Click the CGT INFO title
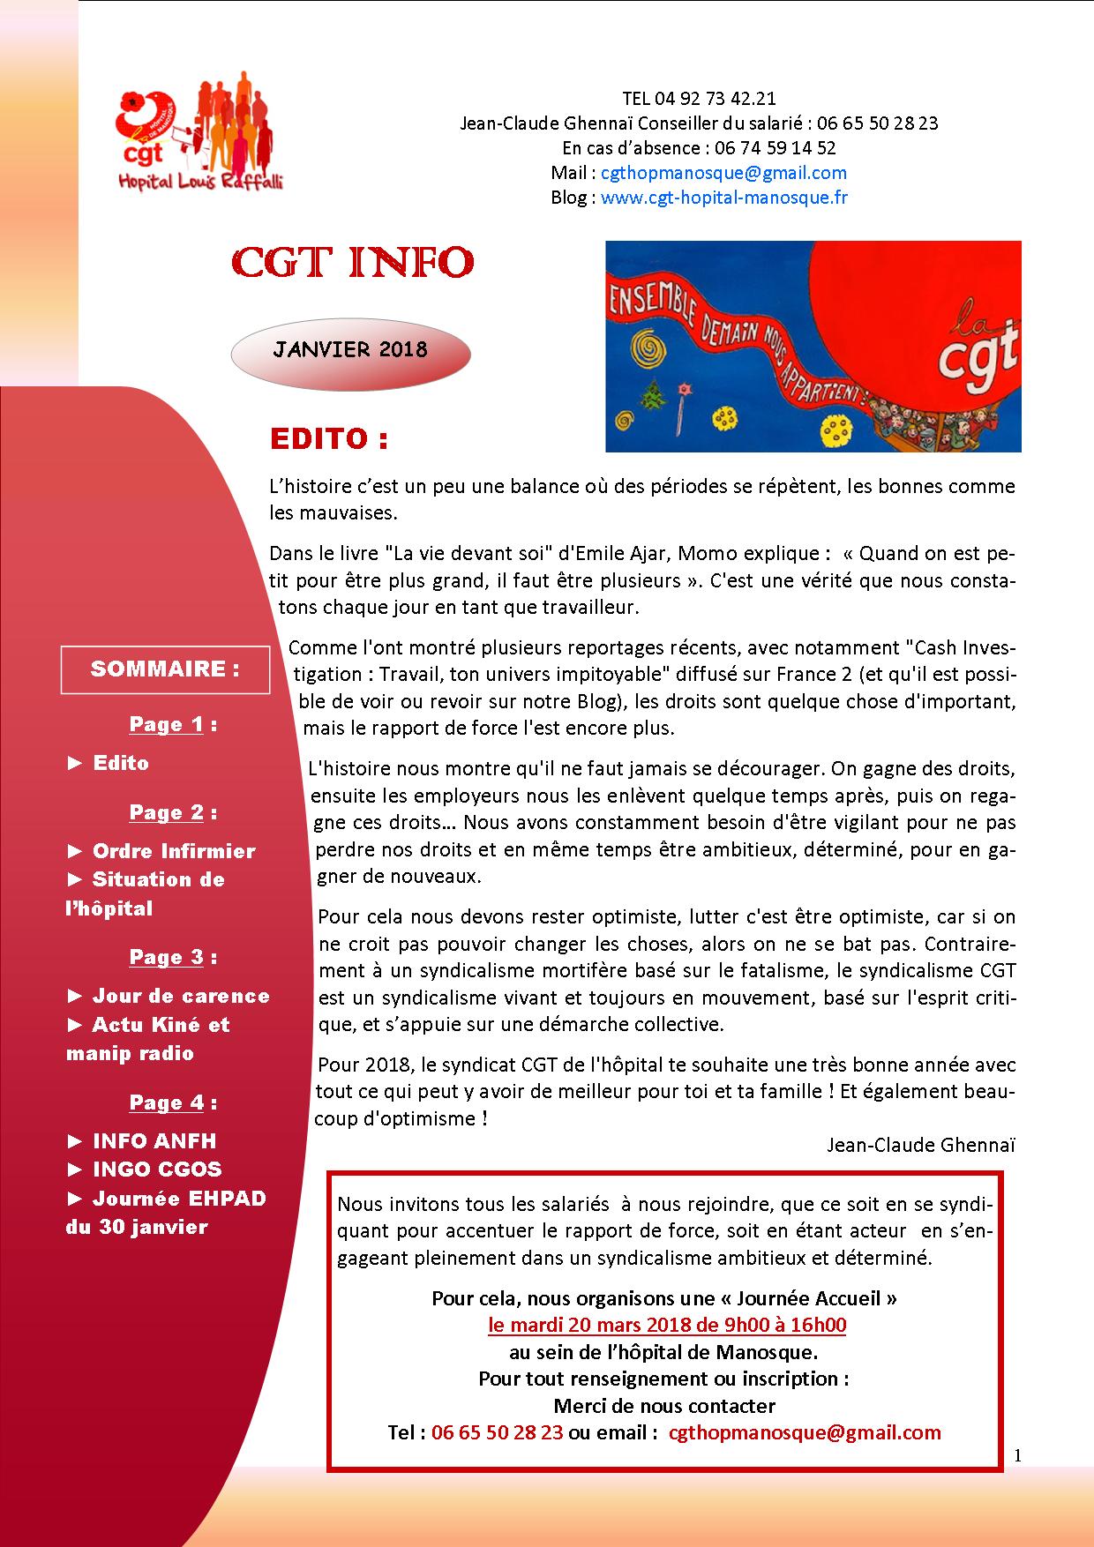352,262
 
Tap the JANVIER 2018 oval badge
350,349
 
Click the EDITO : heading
328,439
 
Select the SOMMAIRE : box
165,669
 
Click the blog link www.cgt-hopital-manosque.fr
723,198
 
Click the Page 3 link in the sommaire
167,958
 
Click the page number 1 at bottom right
1017,1456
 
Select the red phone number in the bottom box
497,1431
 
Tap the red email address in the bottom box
805,1431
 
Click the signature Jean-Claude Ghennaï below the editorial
921,1145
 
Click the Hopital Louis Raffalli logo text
201,181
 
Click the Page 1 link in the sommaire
167,725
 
